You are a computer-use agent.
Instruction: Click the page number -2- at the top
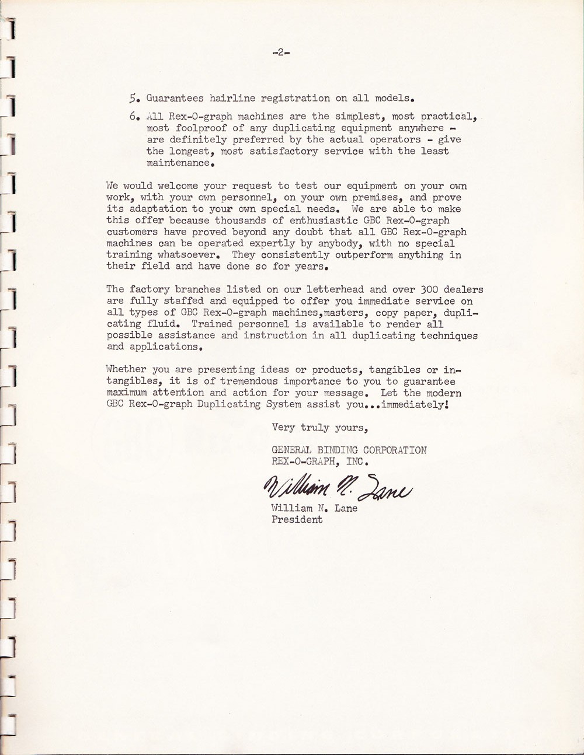tap(281, 53)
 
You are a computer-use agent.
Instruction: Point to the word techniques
tap(449, 335)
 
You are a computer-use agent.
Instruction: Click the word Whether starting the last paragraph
tap(126, 369)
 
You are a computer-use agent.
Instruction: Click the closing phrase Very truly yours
tap(319, 428)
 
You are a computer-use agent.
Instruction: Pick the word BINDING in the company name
tap(335, 450)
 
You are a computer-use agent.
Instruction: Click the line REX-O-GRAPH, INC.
tap(320, 462)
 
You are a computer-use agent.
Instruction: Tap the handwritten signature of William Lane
tap(338, 487)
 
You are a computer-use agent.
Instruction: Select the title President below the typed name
tap(297, 519)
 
